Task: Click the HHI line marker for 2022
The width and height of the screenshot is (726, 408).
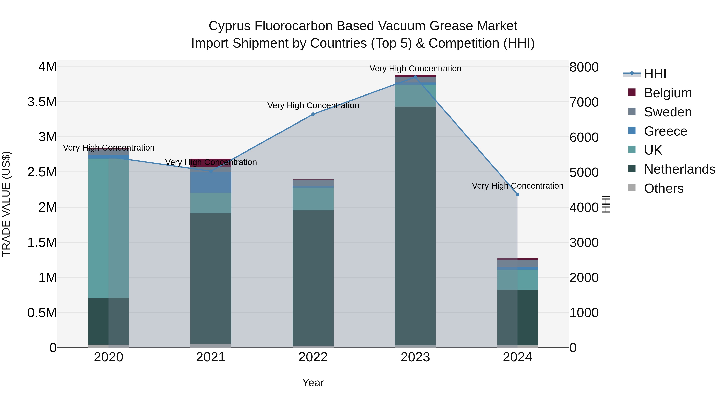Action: tap(313, 114)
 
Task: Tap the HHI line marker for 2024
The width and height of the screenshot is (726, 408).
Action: tap(517, 195)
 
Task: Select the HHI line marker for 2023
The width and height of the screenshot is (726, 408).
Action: tap(415, 77)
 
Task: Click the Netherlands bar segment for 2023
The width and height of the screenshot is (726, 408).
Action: tap(415, 225)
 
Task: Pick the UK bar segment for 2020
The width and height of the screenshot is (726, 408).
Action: tap(108, 228)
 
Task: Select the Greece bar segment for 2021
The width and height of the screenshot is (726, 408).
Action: tap(211, 182)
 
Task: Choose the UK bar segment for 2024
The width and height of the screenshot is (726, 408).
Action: tap(517, 280)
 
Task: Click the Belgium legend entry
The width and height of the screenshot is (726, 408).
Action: tap(667, 93)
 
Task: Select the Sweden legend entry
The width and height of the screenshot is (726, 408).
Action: tap(667, 112)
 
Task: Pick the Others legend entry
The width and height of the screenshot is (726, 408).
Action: tap(663, 188)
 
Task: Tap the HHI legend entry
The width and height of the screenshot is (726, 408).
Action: tap(655, 74)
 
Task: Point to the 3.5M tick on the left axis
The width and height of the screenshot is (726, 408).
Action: tap(42, 102)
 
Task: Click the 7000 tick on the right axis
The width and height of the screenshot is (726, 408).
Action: tap(584, 102)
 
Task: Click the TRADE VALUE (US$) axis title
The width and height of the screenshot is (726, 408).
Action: tap(6, 204)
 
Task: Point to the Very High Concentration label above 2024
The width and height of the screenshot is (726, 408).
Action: tap(517, 186)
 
